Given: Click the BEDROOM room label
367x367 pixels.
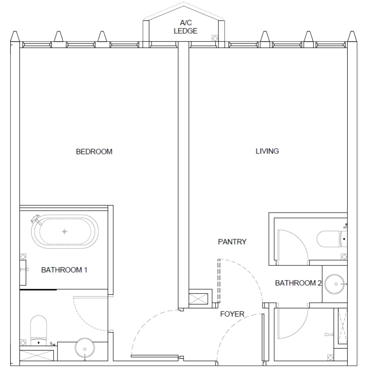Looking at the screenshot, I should click(94, 152).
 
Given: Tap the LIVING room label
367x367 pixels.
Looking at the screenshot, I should click(267, 151).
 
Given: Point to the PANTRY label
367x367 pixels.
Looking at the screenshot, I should click(232, 242).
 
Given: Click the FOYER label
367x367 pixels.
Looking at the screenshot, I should click(232, 314).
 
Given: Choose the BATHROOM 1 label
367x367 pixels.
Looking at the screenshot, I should click(64, 270).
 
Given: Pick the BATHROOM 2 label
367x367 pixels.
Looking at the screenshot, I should click(298, 283).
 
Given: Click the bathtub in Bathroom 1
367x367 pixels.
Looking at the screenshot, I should click(64, 231).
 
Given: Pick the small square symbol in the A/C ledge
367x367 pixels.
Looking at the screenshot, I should click(214, 38).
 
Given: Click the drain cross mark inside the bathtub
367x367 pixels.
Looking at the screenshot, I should click(64, 231).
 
